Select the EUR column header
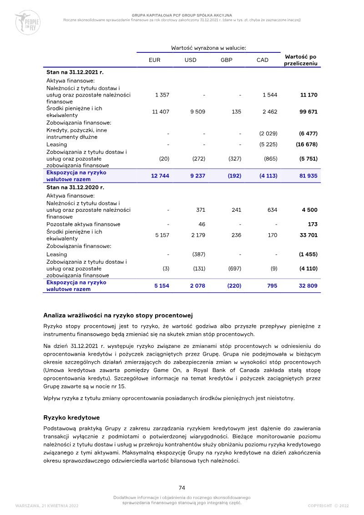[x=155, y=60]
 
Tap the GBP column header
[x=226, y=60]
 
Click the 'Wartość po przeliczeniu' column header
[x=300, y=60]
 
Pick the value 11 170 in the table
[x=309, y=95]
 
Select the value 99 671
[x=308, y=112]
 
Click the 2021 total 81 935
[x=308, y=176]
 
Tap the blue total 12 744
[x=160, y=176]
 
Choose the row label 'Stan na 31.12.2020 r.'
[x=75, y=187]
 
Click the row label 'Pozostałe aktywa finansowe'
[x=83, y=224]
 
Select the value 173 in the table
[x=312, y=224]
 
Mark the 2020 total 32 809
[x=308, y=286]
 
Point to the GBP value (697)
[x=234, y=269]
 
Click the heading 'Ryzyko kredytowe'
[x=71, y=417]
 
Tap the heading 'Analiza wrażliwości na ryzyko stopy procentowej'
[x=118, y=315]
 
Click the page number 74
[x=182, y=488]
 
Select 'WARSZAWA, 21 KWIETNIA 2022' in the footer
[x=47, y=506]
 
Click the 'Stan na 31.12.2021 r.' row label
[x=75, y=72]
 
